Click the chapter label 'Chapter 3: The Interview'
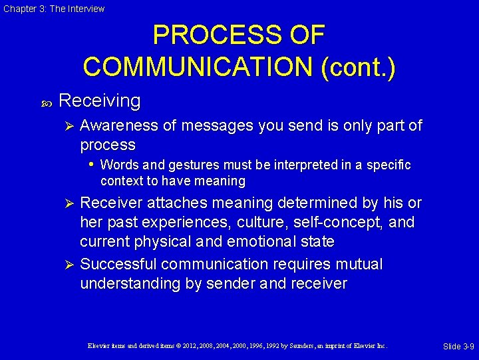coord(54,9)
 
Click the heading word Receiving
coord(100,101)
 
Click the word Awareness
coord(124,125)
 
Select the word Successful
coord(118,265)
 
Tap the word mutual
coord(358,265)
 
